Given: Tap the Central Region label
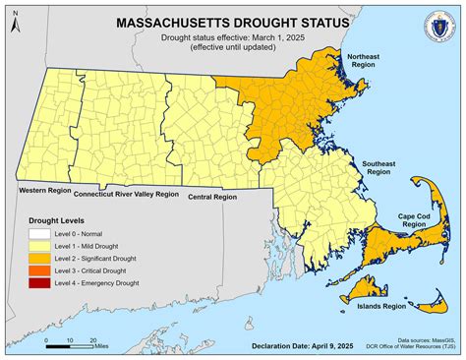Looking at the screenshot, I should pos(211,197).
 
